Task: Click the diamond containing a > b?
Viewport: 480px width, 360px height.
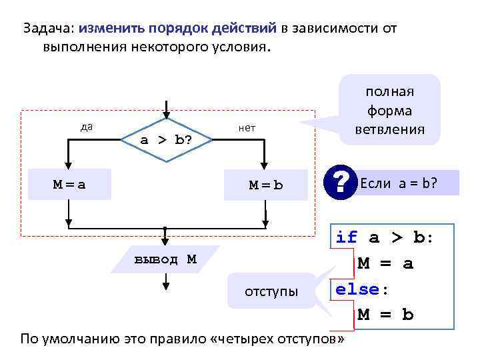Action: click(165, 140)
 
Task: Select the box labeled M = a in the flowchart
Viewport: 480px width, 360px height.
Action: click(70, 185)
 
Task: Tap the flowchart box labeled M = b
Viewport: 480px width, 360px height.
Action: click(266, 185)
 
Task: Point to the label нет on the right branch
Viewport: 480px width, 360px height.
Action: click(247, 128)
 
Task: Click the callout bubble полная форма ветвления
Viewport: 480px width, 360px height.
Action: click(390, 110)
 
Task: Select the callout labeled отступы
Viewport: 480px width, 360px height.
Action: click(266, 291)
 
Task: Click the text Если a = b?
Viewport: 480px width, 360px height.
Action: click(399, 183)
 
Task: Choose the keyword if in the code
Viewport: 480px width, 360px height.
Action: click(347, 237)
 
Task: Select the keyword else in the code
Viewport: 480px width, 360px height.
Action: click(357, 289)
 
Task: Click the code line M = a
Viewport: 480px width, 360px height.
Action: click(385, 263)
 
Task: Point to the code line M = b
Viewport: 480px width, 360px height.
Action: click(385, 315)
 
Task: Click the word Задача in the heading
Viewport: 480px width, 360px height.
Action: click(49, 29)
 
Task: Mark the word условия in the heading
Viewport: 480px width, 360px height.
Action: click(239, 48)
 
